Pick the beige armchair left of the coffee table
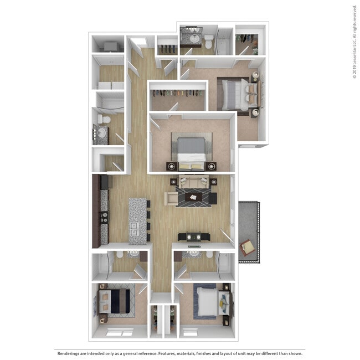[x=170, y=198]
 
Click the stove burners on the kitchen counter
[x=104, y=217]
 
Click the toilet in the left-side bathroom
[x=104, y=119]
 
